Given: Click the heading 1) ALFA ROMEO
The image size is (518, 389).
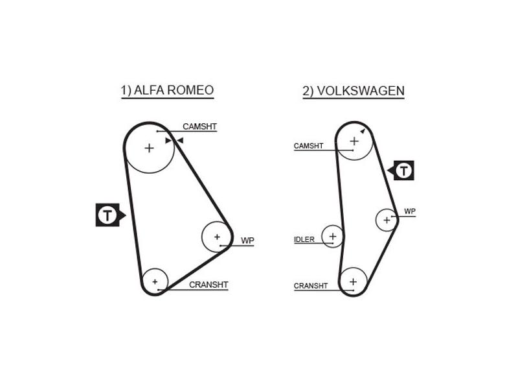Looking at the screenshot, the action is click(167, 90).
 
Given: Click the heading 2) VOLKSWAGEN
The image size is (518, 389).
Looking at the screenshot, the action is click(354, 91).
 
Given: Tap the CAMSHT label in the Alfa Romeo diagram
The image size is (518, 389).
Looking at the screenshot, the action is click(199, 126).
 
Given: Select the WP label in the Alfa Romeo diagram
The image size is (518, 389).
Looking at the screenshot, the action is click(247, 241).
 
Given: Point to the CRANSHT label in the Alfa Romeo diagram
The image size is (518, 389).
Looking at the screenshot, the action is click(208, 285).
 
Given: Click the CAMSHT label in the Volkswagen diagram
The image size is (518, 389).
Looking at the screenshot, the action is click(308, 145).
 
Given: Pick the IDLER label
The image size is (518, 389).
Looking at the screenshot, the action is click(304, 239).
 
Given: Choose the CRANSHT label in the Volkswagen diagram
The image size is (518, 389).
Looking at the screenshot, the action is click(311, 286).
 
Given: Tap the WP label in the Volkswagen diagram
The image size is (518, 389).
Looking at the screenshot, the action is click(410, 211).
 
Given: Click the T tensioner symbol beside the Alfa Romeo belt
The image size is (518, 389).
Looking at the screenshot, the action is click(110, 215).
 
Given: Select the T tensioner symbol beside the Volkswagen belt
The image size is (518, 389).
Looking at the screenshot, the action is click(401, 171).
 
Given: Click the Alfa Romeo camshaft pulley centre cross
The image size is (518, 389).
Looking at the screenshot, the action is click(150, 148).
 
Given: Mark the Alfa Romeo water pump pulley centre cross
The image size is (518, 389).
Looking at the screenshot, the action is click(217, 237).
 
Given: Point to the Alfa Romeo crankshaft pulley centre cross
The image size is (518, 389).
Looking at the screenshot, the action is click(155, 282).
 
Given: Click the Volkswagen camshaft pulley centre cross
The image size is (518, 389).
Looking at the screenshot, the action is click(354, 141).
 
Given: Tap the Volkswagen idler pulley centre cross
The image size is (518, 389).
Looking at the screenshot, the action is click(333, 236).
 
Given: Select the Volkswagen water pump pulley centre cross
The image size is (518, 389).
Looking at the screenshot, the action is click(387, 220).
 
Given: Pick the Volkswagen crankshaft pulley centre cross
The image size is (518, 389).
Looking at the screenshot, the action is click(353, 281).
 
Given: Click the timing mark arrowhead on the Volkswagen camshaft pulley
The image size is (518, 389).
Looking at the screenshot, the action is click(363, 132).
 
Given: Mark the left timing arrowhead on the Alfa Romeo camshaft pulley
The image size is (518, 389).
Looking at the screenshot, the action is click(168, 141).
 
